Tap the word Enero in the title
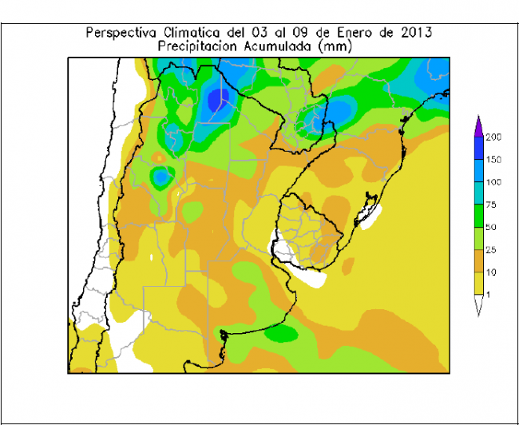[359, 33]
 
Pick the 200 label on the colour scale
[493, 137]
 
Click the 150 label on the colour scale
[493, 160]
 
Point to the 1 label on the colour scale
[488, 296]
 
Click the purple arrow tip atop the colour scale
[477, 124]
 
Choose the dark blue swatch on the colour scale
[477, 149]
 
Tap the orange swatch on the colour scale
[477, 261]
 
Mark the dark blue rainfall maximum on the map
[217, 100]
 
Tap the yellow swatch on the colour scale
[477, 284]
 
